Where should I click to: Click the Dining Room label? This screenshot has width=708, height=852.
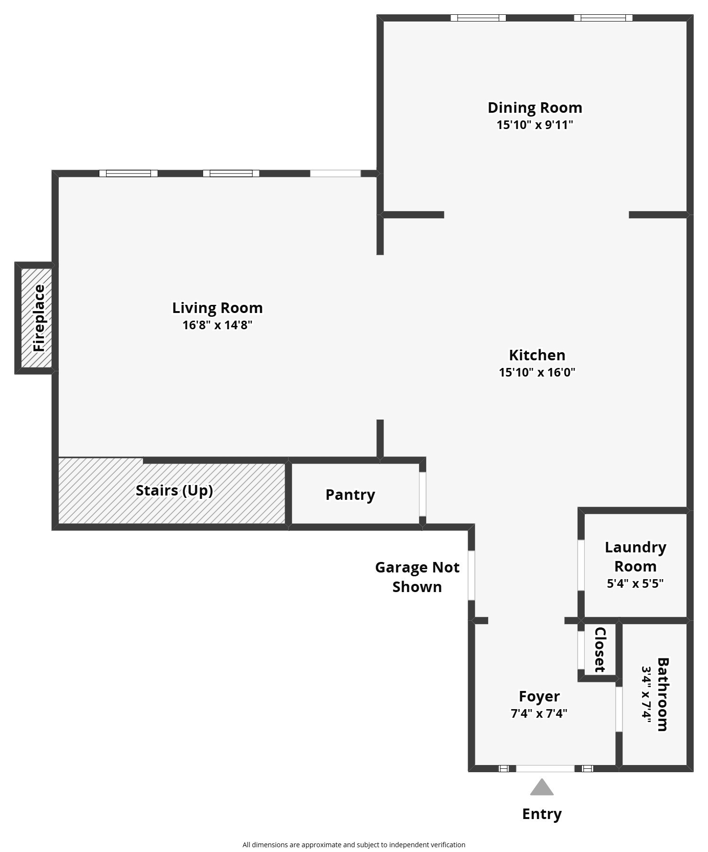point(535,108)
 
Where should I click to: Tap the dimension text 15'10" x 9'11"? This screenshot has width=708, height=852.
point(535,125)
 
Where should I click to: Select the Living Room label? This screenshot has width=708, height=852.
point(217,308)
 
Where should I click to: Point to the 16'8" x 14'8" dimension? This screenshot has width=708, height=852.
point(217,325)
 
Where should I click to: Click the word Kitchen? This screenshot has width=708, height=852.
point(537,355)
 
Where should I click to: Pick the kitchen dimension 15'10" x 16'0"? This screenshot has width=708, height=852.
point(537,372)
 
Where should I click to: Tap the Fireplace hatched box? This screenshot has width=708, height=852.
point(36,318)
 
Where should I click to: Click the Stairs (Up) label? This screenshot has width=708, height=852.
point(174,491)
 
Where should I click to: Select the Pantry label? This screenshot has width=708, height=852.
point(350,495)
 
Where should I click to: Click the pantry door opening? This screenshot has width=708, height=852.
point(423,494)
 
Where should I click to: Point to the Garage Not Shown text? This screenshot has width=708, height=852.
point(417,577)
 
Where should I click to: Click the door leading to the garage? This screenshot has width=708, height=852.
point(472,575)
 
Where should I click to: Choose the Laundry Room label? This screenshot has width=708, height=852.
point(635,557)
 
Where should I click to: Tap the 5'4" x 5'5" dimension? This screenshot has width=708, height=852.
point(635,583)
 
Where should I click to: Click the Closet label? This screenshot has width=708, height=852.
point(600,649)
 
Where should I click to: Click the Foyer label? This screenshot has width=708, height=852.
point(539,696)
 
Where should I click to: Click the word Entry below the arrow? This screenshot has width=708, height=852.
point(542,814)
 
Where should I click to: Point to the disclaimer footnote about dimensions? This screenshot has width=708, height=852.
point(354,845)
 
